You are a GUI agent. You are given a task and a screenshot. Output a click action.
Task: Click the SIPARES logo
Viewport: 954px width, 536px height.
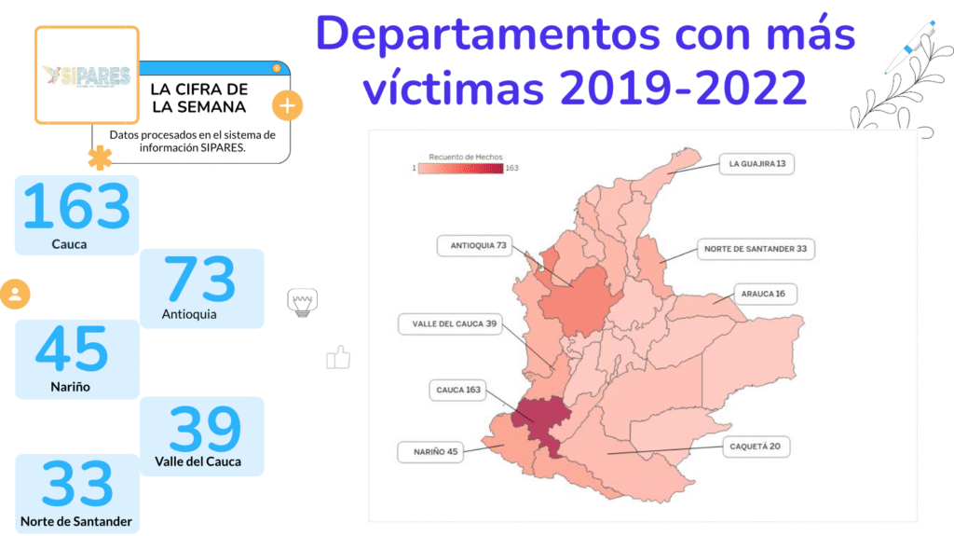tap(87, 76)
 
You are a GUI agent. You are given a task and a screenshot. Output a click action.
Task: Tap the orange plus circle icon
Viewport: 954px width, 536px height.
tap(287, 105)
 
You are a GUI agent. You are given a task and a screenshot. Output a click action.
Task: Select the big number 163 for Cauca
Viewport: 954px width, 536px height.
tap(76, 207)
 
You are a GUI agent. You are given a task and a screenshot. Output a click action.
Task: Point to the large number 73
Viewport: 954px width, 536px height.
tap(200, 279)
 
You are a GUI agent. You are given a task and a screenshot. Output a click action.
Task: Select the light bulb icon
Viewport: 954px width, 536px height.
tap(302, 302)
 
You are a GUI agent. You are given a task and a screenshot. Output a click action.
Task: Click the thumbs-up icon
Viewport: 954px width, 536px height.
tap(338, 357)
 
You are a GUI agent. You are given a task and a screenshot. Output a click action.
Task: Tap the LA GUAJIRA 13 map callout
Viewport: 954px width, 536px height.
tap(757, 164)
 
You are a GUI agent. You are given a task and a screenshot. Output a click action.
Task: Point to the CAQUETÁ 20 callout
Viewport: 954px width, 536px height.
tap(755, 447)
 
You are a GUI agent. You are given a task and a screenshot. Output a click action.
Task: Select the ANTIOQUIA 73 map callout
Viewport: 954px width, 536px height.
tap(478, 245)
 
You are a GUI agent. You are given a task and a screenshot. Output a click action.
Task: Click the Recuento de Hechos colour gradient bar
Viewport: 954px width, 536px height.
tap(460, 169)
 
